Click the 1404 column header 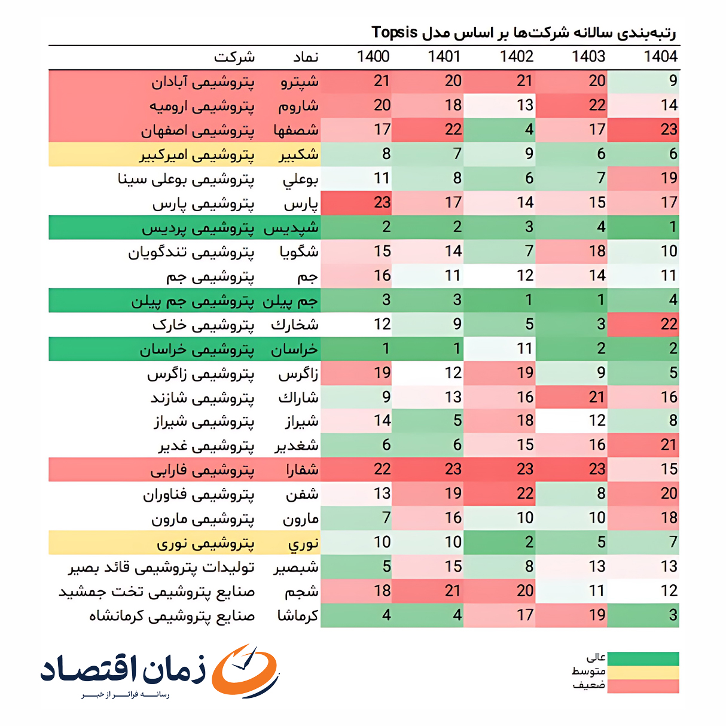660,57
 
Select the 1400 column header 373,57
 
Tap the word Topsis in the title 394,32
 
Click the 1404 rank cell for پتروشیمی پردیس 643,227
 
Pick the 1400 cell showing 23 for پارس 356,203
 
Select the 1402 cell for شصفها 499,130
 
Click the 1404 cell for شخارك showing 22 643,324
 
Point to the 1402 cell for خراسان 499,349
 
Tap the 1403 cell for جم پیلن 571,300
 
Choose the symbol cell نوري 303,543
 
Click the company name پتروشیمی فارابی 202,471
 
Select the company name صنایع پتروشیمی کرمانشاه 172,615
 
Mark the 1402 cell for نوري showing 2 499,542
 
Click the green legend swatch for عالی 643,658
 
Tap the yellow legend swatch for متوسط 643,672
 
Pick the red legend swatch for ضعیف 643,686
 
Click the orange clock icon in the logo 246,670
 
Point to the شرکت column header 234,57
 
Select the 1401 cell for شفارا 428,469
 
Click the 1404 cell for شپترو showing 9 643,81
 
